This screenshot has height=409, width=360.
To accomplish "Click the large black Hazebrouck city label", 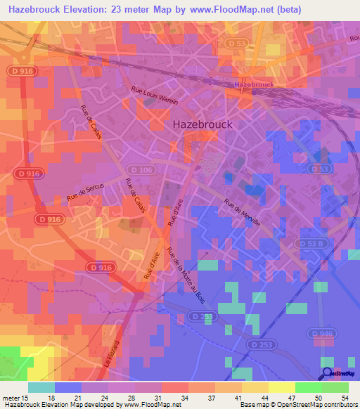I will [202, 124].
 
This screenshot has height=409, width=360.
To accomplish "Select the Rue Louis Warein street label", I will [155, 96].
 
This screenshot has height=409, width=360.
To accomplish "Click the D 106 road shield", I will [139, 169].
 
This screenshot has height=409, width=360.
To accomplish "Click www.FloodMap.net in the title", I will [229, 10].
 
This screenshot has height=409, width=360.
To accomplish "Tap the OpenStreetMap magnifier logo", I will [328, 372].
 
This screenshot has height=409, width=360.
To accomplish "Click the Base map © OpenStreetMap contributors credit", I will [297, 404].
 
